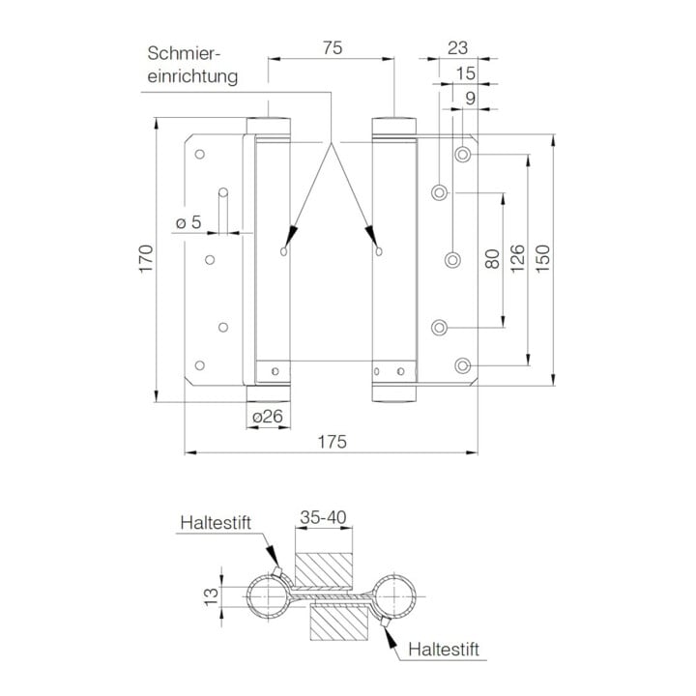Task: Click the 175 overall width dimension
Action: [x=332, y=442]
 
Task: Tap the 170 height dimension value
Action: [x=146, y=259]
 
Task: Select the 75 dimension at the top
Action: [x=333, y=48]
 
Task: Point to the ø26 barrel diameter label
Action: [x=268, y=417]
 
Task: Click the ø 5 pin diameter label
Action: [x=188, y=222]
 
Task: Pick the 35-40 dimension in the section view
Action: [x=323, y=517]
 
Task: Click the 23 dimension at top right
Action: [x=457, y=48]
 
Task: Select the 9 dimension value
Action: [x=471, y=99]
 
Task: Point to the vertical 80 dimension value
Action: [x=492, y=259]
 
